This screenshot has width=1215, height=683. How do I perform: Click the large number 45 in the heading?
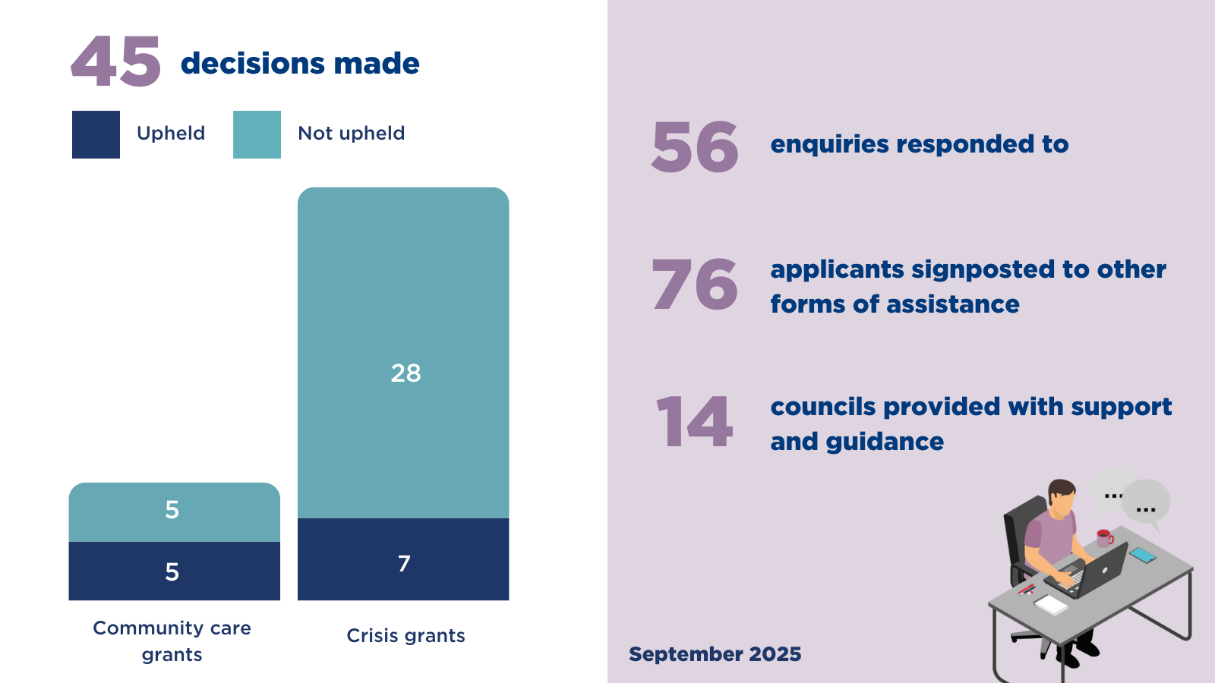click(115, 61)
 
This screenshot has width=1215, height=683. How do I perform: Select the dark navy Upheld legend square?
click(96, 134)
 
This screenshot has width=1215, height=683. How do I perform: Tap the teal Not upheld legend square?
click(257, 134)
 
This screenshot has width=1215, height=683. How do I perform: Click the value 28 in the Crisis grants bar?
click(406, 373)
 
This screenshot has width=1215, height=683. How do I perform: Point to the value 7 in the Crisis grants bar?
click(404, 564)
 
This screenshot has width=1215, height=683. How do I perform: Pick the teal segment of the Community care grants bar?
click(174, 512)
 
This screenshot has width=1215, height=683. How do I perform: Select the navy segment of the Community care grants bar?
click(174, 571)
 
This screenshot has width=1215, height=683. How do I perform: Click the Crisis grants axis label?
click(406, 635)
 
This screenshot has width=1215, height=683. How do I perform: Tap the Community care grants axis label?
click(172, 641)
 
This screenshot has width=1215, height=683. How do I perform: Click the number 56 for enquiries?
click(695, 146)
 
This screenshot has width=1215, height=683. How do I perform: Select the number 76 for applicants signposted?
click(695, 284)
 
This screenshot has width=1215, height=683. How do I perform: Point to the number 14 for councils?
click(695, 421)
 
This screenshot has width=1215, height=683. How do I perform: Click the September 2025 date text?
click(715, 653)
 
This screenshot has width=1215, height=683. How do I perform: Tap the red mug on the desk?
click(1104, 538)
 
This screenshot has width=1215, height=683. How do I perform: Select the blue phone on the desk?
click(1142, 555)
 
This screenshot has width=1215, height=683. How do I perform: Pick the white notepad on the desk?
click(1051, 604)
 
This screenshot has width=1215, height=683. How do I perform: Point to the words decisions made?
click(300, 63)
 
